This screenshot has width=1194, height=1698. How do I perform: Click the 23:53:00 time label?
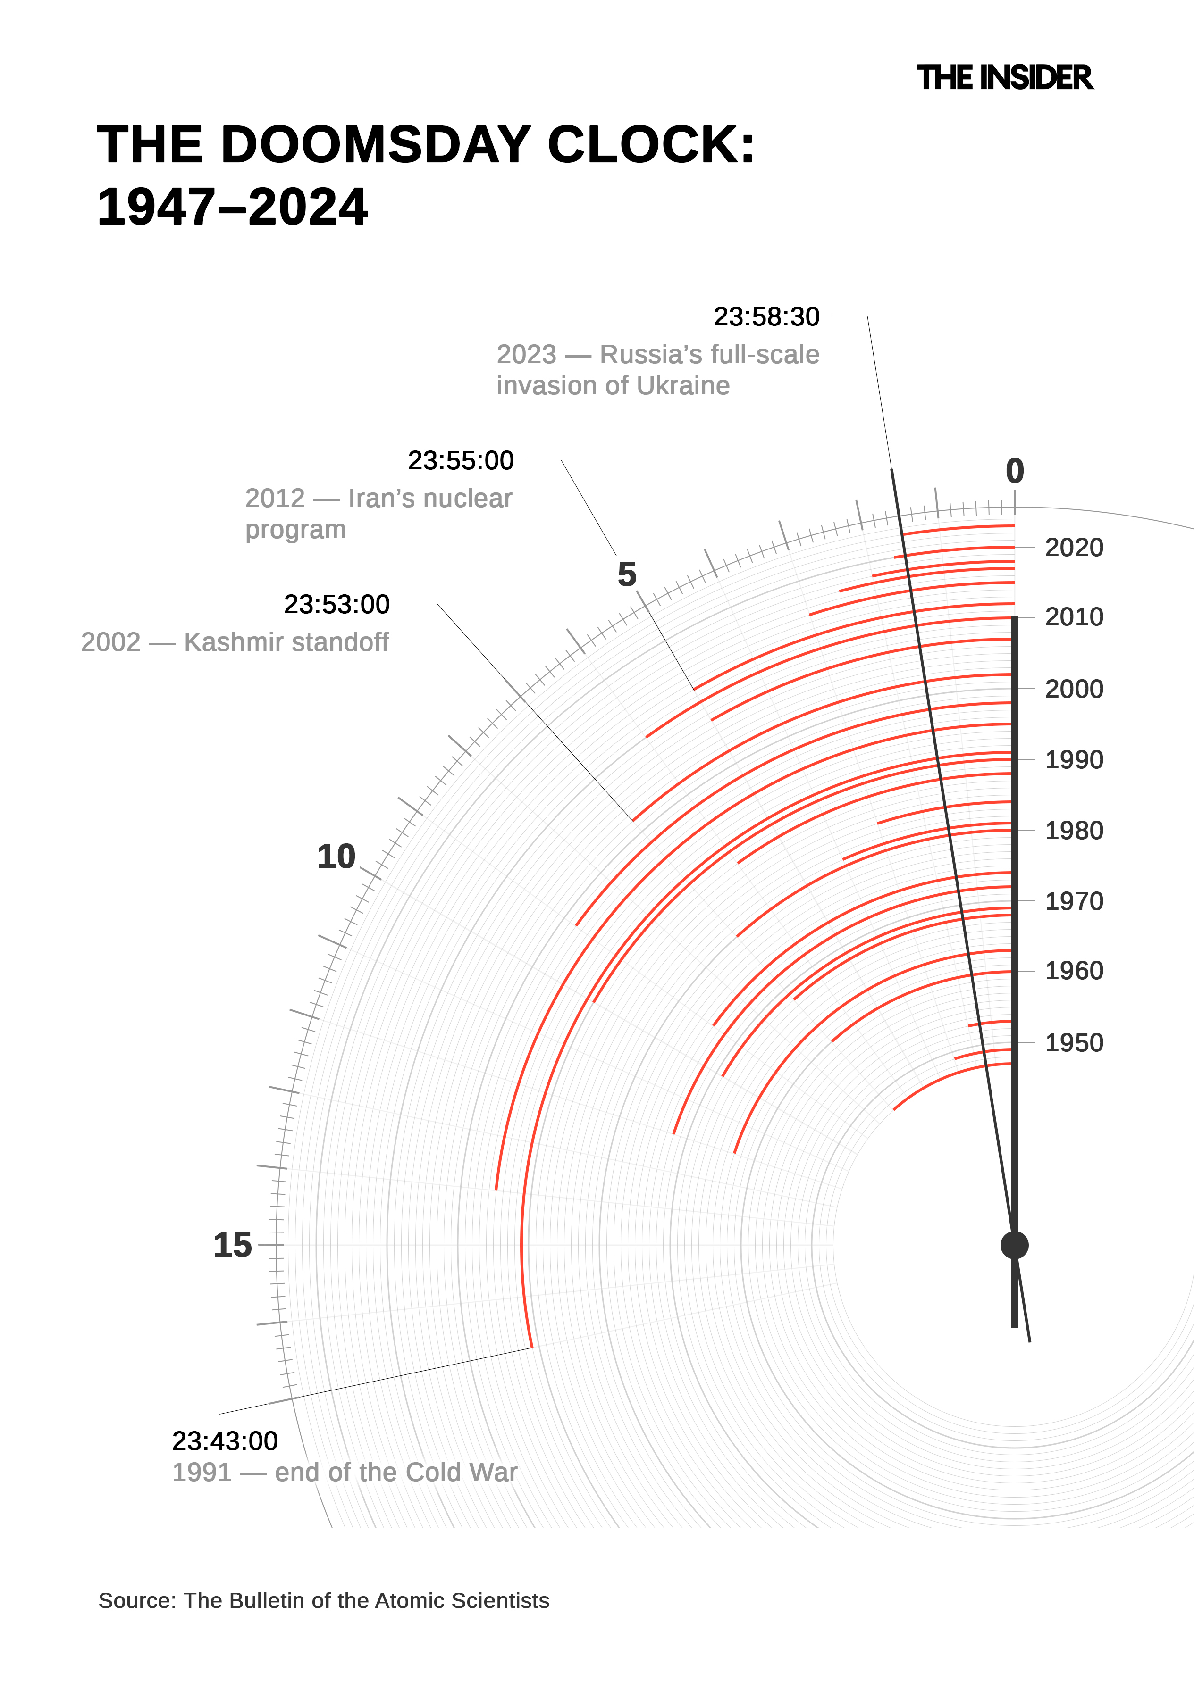(336, 604)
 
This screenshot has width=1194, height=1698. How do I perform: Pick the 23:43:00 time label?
(225, 1440)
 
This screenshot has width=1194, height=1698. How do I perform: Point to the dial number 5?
(627, 574)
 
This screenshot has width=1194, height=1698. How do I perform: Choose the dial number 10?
(336, 857)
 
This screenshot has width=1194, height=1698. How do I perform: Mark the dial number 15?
(232, 1245)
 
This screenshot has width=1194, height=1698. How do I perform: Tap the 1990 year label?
(1073, 759)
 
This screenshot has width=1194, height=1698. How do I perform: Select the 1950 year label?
(1073, 1043)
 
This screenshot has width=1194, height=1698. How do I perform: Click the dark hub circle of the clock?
(1014, 1245)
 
